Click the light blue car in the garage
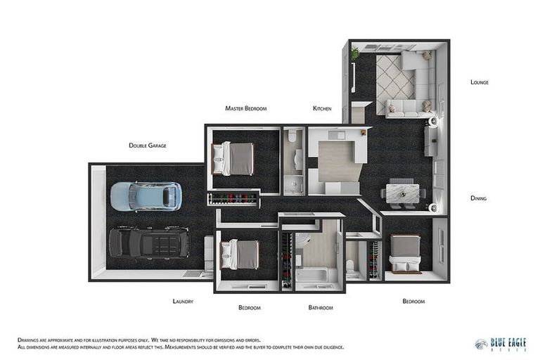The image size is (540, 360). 146,196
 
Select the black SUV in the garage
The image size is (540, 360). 148,242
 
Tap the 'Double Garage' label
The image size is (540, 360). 147,146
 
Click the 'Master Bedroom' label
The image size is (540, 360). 245,108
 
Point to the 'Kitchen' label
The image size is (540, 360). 322,108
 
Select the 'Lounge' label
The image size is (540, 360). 479,82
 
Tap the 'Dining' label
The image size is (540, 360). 478,198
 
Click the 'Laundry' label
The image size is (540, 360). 183,301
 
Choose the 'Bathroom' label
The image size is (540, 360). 321,307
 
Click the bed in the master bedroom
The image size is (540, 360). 233,158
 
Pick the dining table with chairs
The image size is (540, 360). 403,193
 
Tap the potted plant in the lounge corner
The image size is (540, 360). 355,52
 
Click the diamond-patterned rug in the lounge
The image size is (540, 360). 394,76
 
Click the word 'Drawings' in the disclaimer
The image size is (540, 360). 30,340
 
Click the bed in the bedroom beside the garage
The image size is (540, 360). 239,254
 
